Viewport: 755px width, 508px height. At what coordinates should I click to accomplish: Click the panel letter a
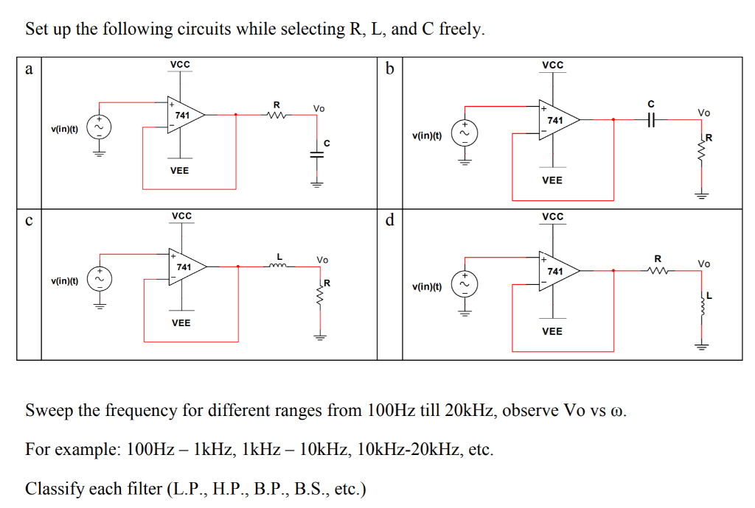click(x=29, y=70)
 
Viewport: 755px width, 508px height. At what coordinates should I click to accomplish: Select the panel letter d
click(x=390, y=220)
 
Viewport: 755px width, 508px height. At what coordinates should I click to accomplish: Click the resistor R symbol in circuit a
click(x=276, y=114)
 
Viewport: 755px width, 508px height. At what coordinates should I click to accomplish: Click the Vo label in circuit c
click(x=322, y=259)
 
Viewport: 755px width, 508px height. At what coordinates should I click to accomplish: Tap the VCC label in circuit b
click(x=552, y=66)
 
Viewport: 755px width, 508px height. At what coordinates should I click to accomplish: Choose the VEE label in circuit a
click(x=179, y=170)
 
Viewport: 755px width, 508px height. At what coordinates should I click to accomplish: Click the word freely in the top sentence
click(x=462, y=29)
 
